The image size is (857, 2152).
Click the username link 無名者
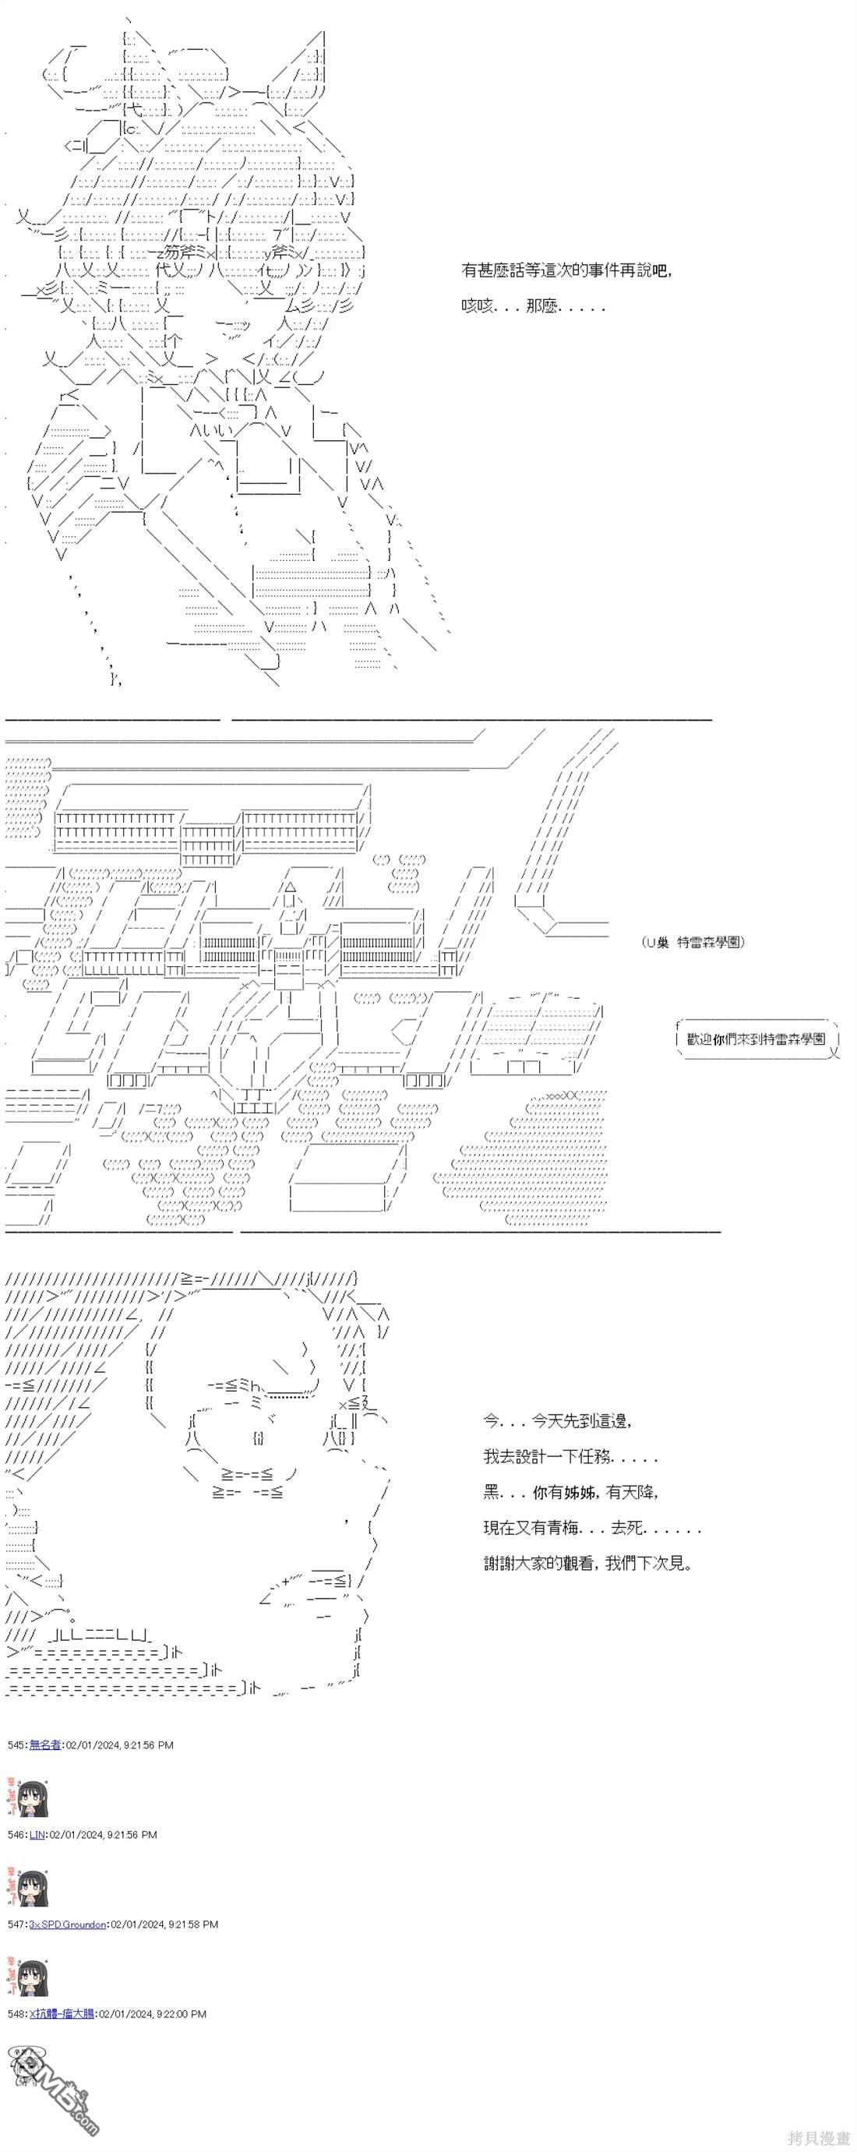point(45,1745)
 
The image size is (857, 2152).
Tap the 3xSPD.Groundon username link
point(68,1923)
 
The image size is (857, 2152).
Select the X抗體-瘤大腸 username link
point(62,2013)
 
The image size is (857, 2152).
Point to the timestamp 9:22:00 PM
point(180,2013)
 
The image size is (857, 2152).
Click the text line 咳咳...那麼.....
point(533,306)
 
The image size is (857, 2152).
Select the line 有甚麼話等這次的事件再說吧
point(565,270)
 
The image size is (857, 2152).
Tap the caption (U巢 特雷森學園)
point(693,941)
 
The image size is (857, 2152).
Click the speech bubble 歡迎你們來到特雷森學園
point(755,1039)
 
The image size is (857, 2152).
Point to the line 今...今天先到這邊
point(557,1420)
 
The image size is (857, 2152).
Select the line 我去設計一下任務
point(570,1457)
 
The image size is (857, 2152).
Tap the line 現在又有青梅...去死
point(591,1528)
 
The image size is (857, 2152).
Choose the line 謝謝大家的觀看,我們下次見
point(588,1563)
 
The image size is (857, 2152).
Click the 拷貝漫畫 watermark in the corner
point(818,2137)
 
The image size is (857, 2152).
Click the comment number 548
point(16,2013)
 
